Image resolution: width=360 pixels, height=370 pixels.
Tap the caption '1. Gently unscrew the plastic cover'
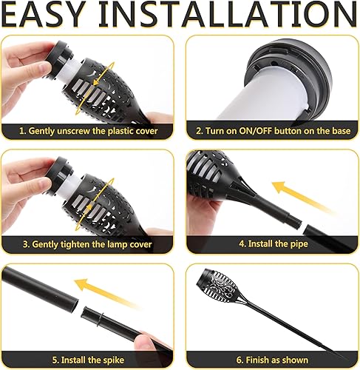point(89,131)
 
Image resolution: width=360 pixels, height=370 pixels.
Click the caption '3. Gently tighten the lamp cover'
point(89,243)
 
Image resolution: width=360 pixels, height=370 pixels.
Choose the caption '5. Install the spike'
point(89,359)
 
